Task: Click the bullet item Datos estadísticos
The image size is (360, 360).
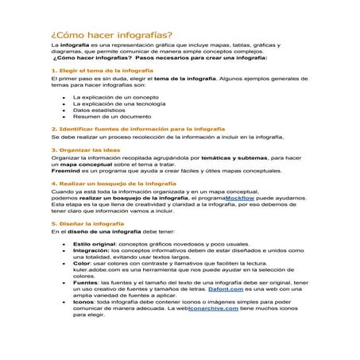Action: click(99, 110)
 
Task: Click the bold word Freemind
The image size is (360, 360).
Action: click(65, 172)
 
